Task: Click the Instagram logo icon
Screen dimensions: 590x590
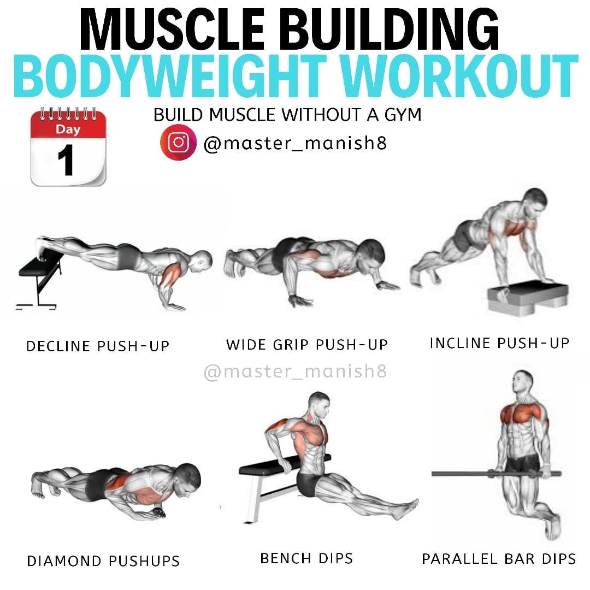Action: [178, 143]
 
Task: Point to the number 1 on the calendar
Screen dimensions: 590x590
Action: [66, 160]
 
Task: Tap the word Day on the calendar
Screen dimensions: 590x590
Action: [68, 129]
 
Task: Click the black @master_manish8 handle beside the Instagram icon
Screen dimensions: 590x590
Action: [296, 143]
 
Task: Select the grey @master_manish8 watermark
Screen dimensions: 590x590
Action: [296, 371]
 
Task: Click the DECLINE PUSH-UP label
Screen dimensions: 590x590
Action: [98, 346]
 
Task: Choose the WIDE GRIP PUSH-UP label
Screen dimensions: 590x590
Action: [306, 345]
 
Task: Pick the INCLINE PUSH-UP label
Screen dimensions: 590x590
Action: [499, 343]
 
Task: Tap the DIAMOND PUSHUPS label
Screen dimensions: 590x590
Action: [103, 561]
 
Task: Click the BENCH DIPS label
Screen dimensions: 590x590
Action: [306, 558]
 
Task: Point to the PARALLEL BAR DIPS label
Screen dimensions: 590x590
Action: [499, 559]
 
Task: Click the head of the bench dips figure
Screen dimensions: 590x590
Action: [319, 405]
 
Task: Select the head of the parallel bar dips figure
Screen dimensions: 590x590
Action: [523, 381]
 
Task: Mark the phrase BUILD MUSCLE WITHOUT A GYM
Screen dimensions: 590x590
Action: [287, 115]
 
